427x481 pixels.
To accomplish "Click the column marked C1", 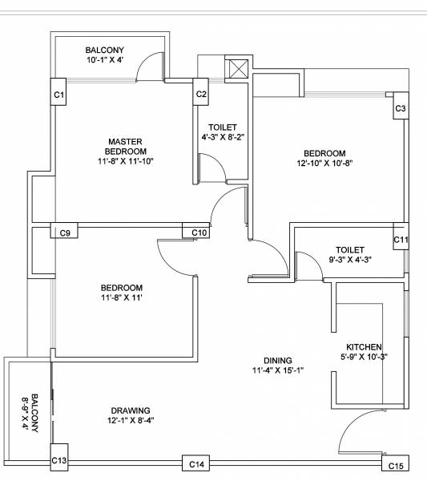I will click(x=58, y=95).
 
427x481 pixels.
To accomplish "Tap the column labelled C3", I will click(x=401, y=108).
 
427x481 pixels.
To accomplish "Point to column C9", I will click(x=66, y=232).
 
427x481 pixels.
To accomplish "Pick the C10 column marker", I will click(x=199, y=232).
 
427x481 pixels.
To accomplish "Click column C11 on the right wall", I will click(x=401, y=240).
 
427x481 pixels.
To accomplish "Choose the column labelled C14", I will click(x=196, y=463).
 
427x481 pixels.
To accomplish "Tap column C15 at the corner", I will click(x=395, y=465).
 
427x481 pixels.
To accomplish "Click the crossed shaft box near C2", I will click(x=238, y=69).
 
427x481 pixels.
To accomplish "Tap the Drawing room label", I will click(x=129, y=410).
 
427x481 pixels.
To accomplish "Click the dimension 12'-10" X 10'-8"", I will click(x=324, y=164).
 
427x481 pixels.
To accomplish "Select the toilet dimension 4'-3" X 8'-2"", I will click(x=222, y=137).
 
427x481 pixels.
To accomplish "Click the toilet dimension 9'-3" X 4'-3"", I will click(x=350, y=260).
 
